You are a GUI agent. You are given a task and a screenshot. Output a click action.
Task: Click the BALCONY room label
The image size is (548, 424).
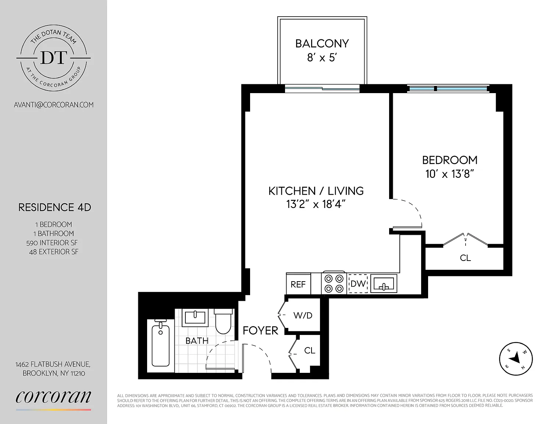[x=322, y=44]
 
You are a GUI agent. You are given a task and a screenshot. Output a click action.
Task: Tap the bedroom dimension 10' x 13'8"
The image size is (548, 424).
[x=450, y=174]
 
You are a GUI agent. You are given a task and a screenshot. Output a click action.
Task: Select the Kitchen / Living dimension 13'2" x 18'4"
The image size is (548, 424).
[x=316, y=204]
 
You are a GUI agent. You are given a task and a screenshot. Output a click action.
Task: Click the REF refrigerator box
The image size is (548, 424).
[x=298, y=284]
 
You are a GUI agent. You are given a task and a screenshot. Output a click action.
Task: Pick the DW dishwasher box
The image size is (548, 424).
[x=358, y=284]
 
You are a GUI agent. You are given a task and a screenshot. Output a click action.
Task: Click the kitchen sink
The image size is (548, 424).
[x=384, y=283]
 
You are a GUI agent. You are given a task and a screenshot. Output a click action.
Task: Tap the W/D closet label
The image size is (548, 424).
[x=303, y=315]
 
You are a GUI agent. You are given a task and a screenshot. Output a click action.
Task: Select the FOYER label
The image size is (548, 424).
[x=260, y=331]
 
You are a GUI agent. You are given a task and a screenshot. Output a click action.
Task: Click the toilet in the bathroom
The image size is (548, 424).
[x=223, y=321]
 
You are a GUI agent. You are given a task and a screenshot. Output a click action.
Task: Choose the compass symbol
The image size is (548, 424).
[x=516, y=359]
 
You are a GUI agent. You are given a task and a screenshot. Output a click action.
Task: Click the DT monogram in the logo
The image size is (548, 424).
[x=53, y=58]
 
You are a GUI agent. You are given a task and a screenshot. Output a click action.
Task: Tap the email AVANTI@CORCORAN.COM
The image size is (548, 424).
[x=54, y=105]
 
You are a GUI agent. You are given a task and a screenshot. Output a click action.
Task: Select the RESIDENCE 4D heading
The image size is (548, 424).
[x=55, y=208]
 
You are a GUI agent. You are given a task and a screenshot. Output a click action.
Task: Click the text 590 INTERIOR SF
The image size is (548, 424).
[x=52, y=243]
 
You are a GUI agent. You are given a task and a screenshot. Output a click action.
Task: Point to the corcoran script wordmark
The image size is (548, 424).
[x=53, y=397]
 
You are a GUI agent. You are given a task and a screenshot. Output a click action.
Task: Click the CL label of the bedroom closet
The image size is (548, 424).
[x=465, y=258]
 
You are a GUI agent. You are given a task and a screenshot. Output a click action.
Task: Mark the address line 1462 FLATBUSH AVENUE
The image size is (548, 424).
[x=53, y=364]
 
